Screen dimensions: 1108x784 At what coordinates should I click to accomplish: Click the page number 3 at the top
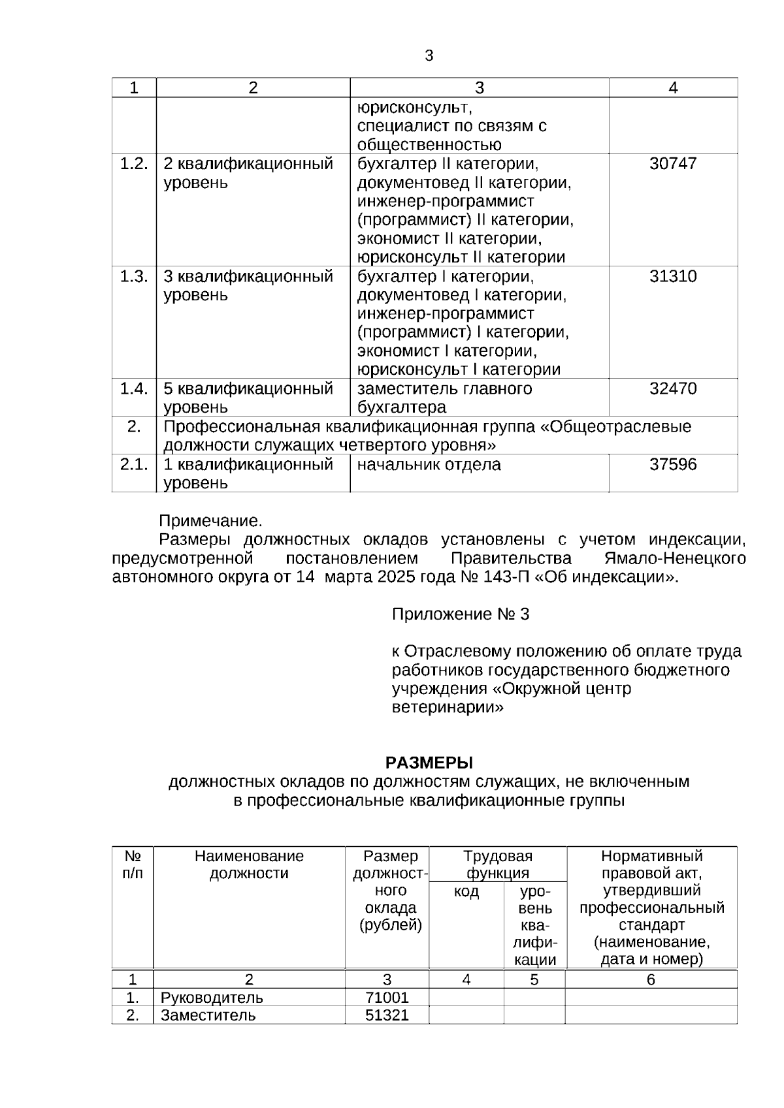tap(429, 56)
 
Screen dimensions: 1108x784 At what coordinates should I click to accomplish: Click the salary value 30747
tap(673, 164)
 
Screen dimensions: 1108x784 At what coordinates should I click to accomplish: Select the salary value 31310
tap(673, 276)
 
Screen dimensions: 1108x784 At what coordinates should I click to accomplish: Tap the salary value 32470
tap(673, 389)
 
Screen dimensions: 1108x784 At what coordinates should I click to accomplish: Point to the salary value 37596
tap(673, 465)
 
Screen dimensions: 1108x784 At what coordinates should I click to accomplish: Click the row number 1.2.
tap(134, 164)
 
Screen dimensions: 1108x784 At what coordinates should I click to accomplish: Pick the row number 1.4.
tap(134, 389)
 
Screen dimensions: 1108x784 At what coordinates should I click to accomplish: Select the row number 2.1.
tap(134, 465)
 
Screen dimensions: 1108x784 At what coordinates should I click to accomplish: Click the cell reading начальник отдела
tap(429, 465)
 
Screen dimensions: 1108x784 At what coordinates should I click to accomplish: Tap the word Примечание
tap(210, 521)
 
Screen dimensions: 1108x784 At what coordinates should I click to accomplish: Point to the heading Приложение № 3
tap(460, 614)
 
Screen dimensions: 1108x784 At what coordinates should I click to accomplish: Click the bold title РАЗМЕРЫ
tap(429, 763)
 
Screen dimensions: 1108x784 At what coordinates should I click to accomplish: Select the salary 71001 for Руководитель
tap(387, 998)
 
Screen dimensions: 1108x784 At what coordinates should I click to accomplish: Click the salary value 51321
tap(387, 1015)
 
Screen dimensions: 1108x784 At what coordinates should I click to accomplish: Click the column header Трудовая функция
tap(498, 864)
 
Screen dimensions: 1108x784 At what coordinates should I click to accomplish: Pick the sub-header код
tap(466, 892)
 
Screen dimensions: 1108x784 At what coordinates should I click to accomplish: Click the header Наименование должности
tap(249, 864)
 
